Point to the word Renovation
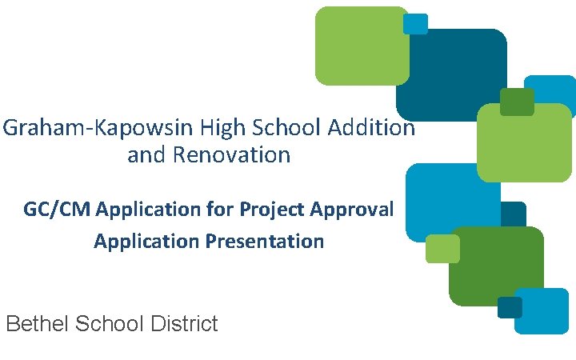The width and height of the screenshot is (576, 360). [231, 154]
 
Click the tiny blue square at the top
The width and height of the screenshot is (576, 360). [415, 23]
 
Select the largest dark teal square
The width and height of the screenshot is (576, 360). [452, 76]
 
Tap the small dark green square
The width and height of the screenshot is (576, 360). [516, 102]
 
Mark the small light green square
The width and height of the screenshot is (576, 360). [442, 249]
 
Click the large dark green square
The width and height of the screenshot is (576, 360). [496, 266]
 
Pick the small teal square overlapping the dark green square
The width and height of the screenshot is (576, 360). [509, 307]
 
